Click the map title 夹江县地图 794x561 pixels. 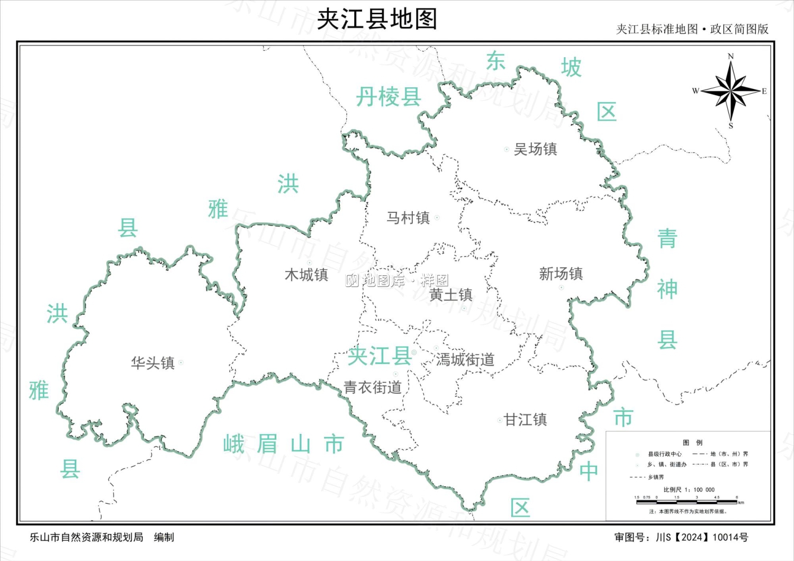[377, 20]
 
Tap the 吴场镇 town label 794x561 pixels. [535, 149]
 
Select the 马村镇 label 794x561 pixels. [408, 218]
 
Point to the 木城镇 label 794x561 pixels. [306, 275]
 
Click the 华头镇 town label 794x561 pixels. [153, 363]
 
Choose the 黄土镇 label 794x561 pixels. [450, 295]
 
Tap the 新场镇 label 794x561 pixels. [561, 274]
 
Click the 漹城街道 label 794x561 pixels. [465, 360]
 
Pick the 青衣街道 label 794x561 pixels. [373, 387]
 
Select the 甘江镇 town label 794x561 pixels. [525, 420]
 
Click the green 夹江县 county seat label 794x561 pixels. [379, 356]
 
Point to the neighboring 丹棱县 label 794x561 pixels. [389, 97]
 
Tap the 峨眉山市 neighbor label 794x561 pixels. [284, 444]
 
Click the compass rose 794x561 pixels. [730, 91]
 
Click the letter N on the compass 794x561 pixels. [730, 56]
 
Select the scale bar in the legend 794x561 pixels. [688, 502]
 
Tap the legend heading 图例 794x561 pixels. [692, 442]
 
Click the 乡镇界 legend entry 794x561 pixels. [655, 477]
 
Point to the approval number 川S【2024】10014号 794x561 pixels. [702, 537]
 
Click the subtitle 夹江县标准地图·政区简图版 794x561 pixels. [692, 29]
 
